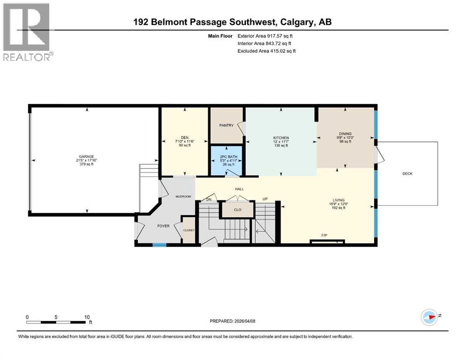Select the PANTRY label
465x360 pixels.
pyautogui.click(x=226, y=125)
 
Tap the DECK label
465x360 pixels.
pyautogui.click(x=407, y=173)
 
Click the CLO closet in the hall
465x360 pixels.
pyautogui.click(x=237, y=210)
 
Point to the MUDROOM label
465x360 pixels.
pyautogui.click(x=183, y=196)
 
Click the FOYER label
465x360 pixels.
pyautogui.click(x=163, y=226)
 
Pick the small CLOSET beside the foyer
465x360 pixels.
pyautogui.click(x=189, y=231)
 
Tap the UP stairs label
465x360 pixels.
pyautogui.click(x=265, y=199)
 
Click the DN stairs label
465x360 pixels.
pyautogui.click(x=209, y=199)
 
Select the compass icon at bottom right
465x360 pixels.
pyautogui.click(x=428, y=317)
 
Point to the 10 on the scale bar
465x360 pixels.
pyautogui.click(x=87, y=317)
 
